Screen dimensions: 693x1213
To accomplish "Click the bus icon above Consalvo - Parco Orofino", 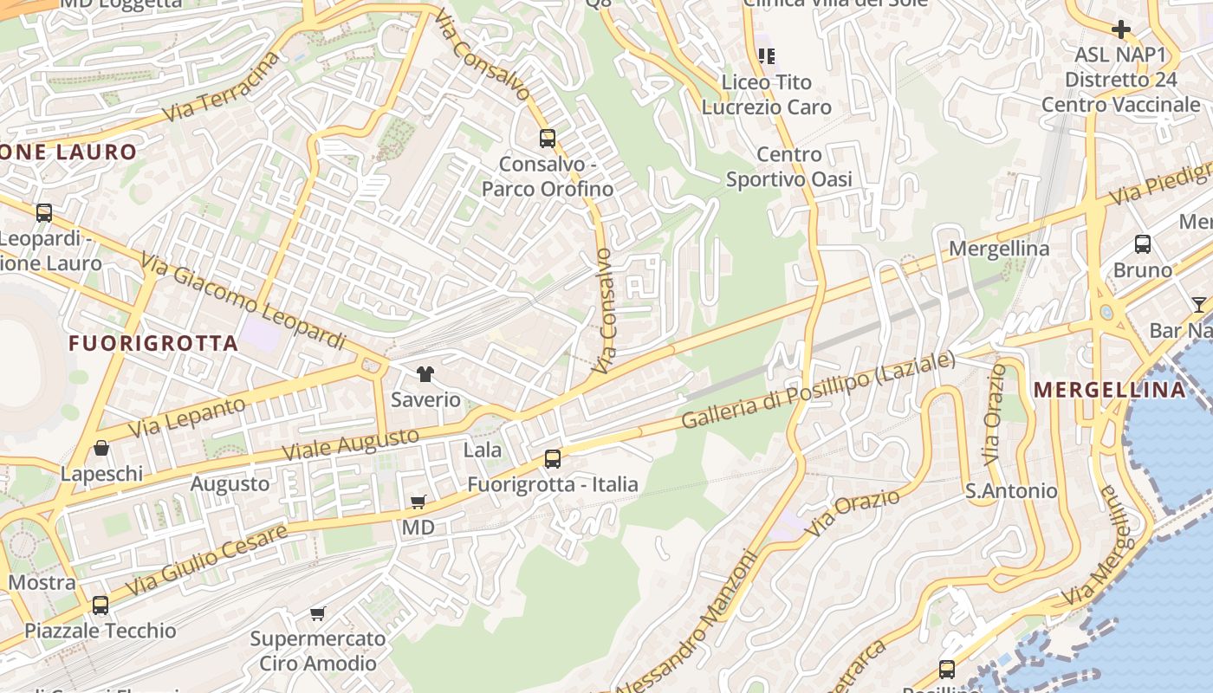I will click(x=547, y=138).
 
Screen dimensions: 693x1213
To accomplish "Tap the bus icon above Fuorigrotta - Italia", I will click(x=552, y=459).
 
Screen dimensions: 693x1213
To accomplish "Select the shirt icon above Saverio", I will click(x=425, y=374).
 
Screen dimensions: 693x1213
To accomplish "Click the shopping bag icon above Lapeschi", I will click(x=101, y=448).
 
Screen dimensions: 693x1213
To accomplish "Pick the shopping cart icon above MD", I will click(x=418, y=502).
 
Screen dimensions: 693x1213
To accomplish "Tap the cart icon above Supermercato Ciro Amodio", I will click(x=318, y=613).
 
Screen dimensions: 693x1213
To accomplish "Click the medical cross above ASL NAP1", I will click(x=1120, y=29).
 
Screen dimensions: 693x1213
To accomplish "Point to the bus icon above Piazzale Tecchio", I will click(x=101, y=605).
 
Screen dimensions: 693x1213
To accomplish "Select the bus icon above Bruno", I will click(x=1142, y=244).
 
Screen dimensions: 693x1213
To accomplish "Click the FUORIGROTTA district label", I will click(x=153, y=343).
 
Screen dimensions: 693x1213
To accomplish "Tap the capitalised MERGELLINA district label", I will click(x=1109, y=390).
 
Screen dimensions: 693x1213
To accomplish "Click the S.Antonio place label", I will click(x=1011, y=491).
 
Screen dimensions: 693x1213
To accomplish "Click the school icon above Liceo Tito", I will click(x=766, y=56).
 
